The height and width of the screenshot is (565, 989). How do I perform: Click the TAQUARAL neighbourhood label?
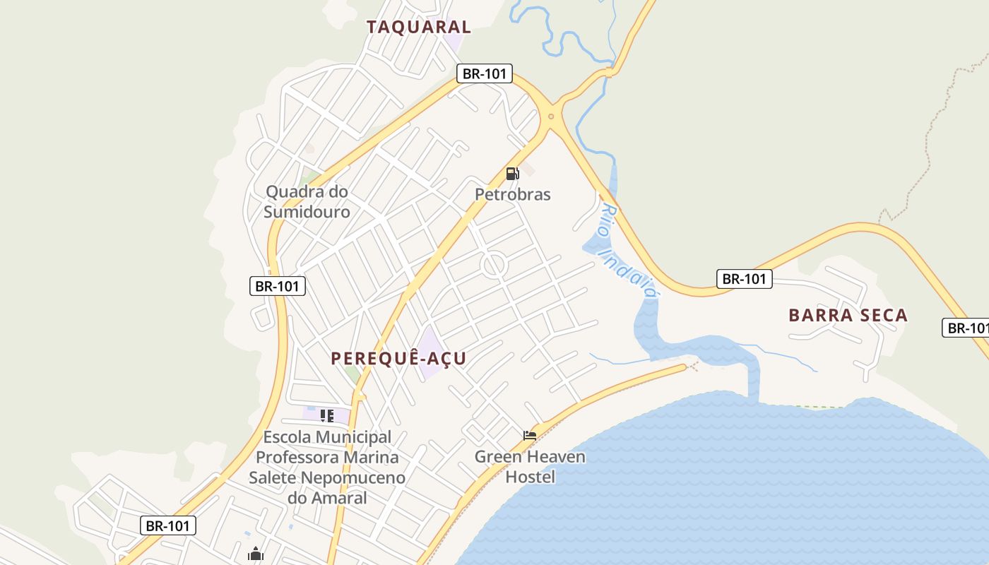418,27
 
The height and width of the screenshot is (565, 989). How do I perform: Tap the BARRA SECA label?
848,315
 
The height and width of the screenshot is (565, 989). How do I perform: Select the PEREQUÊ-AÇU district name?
398,358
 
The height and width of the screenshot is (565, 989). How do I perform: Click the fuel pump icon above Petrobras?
512,174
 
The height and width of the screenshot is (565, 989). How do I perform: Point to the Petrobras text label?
512,194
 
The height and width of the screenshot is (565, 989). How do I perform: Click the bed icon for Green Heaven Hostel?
530,435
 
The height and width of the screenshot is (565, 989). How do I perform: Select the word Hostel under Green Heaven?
530,477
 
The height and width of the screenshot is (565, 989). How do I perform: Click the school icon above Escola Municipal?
326,416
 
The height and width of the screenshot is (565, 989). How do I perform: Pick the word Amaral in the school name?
342,498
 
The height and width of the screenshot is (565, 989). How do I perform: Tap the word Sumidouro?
307,212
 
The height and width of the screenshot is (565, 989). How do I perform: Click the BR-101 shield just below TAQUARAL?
484,73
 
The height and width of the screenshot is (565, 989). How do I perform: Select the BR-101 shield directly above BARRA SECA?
745,279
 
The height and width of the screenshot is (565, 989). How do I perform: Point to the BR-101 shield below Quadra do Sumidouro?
278,286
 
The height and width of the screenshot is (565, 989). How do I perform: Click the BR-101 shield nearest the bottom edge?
168,525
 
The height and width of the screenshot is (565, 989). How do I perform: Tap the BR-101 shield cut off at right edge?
966,328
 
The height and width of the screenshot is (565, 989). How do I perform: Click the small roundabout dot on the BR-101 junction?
551,117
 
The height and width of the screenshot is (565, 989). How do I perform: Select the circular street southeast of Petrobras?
494,266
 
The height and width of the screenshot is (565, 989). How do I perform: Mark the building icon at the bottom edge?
256,554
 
